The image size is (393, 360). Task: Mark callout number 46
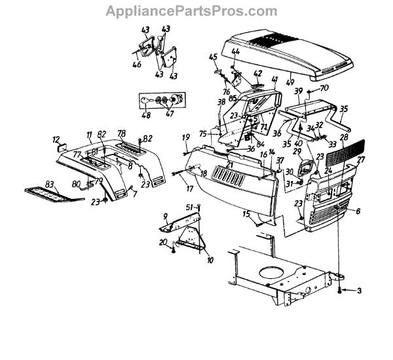tap(136, 65)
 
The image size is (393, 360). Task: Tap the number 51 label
tap(190, 207)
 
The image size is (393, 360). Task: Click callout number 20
tap(162, 242)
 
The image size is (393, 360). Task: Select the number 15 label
tap(246, 213)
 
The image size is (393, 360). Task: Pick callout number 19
tap(186, 137)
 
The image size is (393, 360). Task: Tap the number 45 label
tap(212, 58)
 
